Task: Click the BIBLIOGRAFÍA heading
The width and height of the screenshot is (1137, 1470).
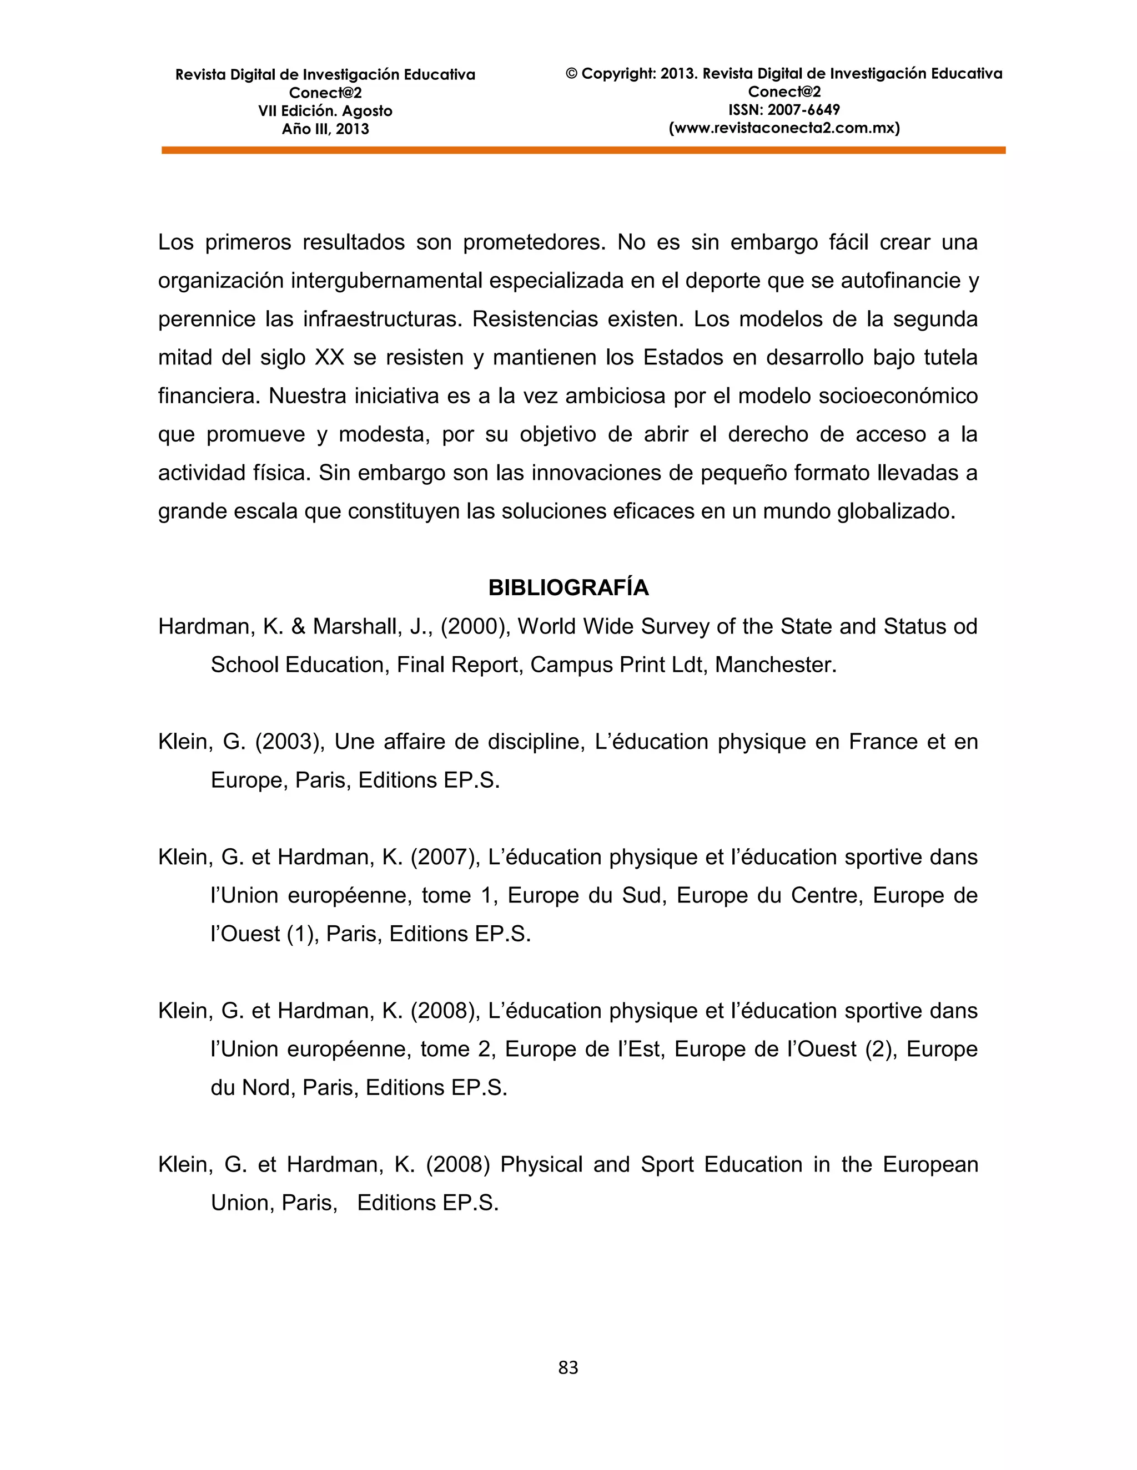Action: point(568,587)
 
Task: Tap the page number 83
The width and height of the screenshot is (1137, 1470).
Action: point(568,1367)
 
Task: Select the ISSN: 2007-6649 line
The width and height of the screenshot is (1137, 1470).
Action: point(783,110)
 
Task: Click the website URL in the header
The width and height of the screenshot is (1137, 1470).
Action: point(783,128)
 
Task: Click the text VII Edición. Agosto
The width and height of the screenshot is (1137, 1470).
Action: point(325,111)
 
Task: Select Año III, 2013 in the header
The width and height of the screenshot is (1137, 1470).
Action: point(325,129)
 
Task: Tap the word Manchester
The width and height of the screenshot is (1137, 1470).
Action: point(774,665)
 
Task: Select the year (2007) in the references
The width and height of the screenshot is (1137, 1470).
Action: point(445,857)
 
